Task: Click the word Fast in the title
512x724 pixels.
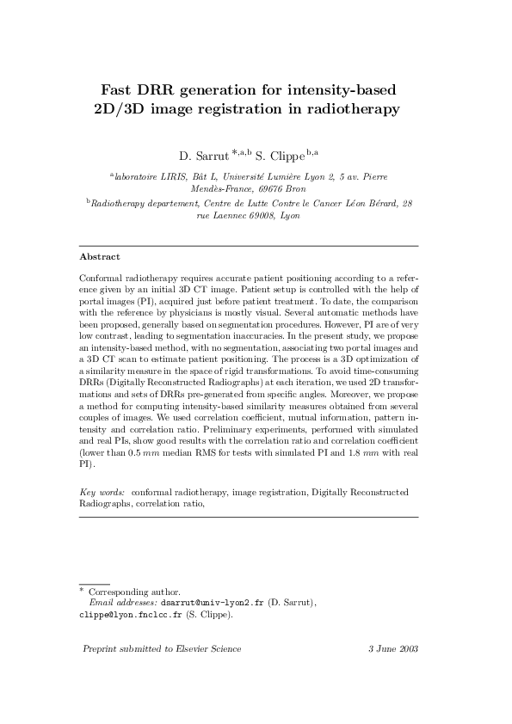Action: [120, 89]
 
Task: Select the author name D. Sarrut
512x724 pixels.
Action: [203, 156]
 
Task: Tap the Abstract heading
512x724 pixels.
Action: [99, 256]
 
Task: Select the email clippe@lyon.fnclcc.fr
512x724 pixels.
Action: [126, 616]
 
